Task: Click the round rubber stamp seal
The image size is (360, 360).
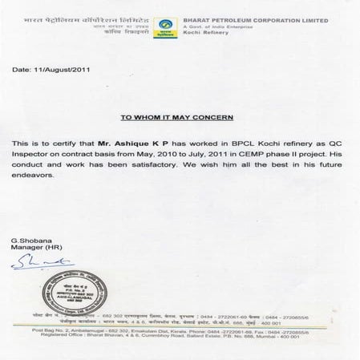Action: (69, 291)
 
